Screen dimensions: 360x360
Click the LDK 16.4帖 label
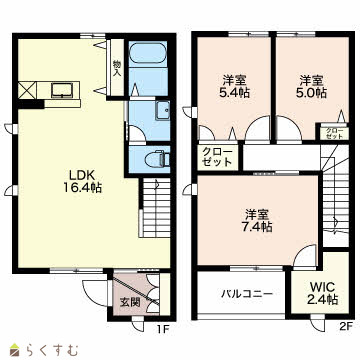[82, 182]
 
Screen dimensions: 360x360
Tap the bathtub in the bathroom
[147, 53]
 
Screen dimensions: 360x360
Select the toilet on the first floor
[157, 159]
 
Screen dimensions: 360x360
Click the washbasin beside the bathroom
[162, 111]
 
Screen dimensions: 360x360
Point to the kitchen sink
[62, 91]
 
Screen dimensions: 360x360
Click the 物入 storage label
[117, 68]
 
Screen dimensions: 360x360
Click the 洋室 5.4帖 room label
[234, 86]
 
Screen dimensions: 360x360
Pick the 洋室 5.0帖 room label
[311, 86]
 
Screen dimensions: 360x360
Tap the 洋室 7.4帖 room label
[257, 221]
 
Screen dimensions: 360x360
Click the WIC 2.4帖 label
[323, 293]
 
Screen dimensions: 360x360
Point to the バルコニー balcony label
[248, 294]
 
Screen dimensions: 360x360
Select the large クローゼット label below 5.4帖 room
[218, 157]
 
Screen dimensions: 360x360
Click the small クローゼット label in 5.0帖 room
[334, 133]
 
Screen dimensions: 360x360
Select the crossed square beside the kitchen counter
[27, 90]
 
